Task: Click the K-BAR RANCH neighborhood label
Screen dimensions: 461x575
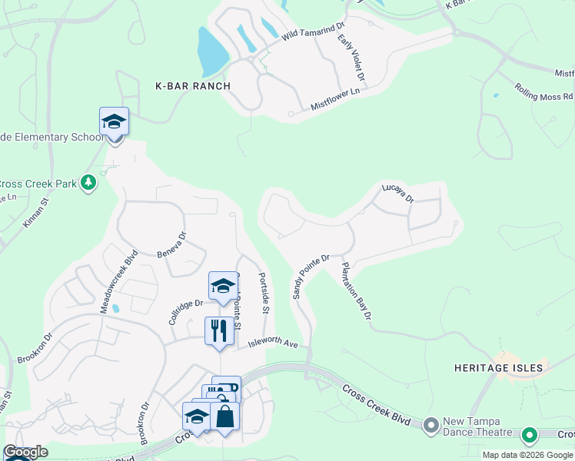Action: (x=192, y=86)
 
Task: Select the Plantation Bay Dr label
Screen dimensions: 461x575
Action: (x=356, y=291)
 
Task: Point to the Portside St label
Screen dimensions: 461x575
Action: (x=263, y=293)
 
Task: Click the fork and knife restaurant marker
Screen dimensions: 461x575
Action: (x=219, y=330)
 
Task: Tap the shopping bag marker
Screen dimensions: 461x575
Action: (x=224, y=416)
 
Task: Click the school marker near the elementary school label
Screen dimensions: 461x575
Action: (x=114, y=122)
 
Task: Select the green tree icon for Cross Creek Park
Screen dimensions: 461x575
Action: (x=89, y=182)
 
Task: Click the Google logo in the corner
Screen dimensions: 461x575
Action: (x=25, y=452)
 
